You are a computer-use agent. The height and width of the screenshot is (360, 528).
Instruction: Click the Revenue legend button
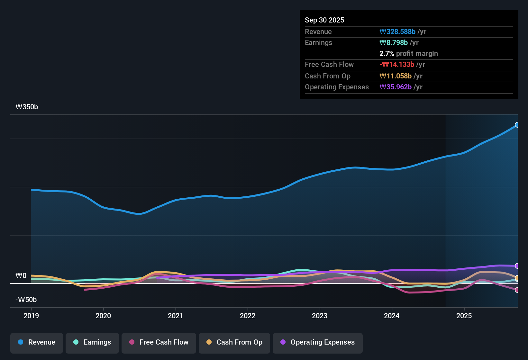pos(37,342)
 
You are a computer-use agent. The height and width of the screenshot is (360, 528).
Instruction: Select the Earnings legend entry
pos(92,342)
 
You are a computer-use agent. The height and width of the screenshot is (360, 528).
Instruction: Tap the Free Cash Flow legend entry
pos(159,342)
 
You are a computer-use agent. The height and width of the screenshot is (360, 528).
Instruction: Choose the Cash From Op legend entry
pos(234,342)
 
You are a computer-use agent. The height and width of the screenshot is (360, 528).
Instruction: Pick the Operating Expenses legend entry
pos(318,342)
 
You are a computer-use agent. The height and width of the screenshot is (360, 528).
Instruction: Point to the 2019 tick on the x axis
pos(31,316)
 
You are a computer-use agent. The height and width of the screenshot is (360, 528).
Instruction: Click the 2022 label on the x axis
pos(248,316)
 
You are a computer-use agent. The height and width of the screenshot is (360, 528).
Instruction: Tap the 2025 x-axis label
pos(464,316)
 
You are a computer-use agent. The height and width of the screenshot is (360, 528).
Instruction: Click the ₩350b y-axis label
pos(27,107)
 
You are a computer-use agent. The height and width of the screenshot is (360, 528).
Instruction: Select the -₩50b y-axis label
pos(26,300)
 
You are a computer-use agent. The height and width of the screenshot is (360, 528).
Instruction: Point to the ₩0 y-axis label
pos(21,276)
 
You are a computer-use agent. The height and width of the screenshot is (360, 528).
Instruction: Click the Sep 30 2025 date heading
pos(324,20)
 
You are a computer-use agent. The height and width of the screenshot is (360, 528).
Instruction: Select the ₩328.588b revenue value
pos(397,32)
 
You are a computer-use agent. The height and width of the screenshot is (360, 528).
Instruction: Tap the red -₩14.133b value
pos(397,64)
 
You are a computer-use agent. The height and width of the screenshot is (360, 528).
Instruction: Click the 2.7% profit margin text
pos(408,53)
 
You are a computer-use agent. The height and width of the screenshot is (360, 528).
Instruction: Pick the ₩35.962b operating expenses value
pos(396,87)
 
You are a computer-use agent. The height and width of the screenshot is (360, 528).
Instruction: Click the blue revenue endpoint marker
pos(517,125)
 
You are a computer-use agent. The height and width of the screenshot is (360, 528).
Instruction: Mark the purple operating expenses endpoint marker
pos(517,266)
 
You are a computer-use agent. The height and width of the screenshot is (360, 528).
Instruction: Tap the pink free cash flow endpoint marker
pos(517,290)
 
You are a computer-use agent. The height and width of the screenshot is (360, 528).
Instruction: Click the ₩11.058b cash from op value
pos(396,76)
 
